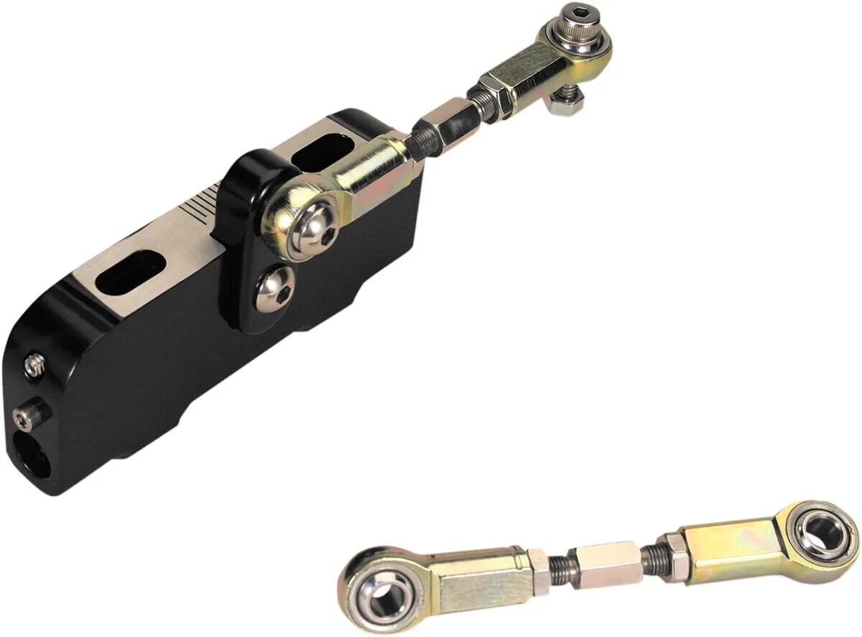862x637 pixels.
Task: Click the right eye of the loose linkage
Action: (820, 533)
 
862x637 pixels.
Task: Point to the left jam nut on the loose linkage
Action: (539, 571)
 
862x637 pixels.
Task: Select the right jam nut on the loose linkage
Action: (673, 554)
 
